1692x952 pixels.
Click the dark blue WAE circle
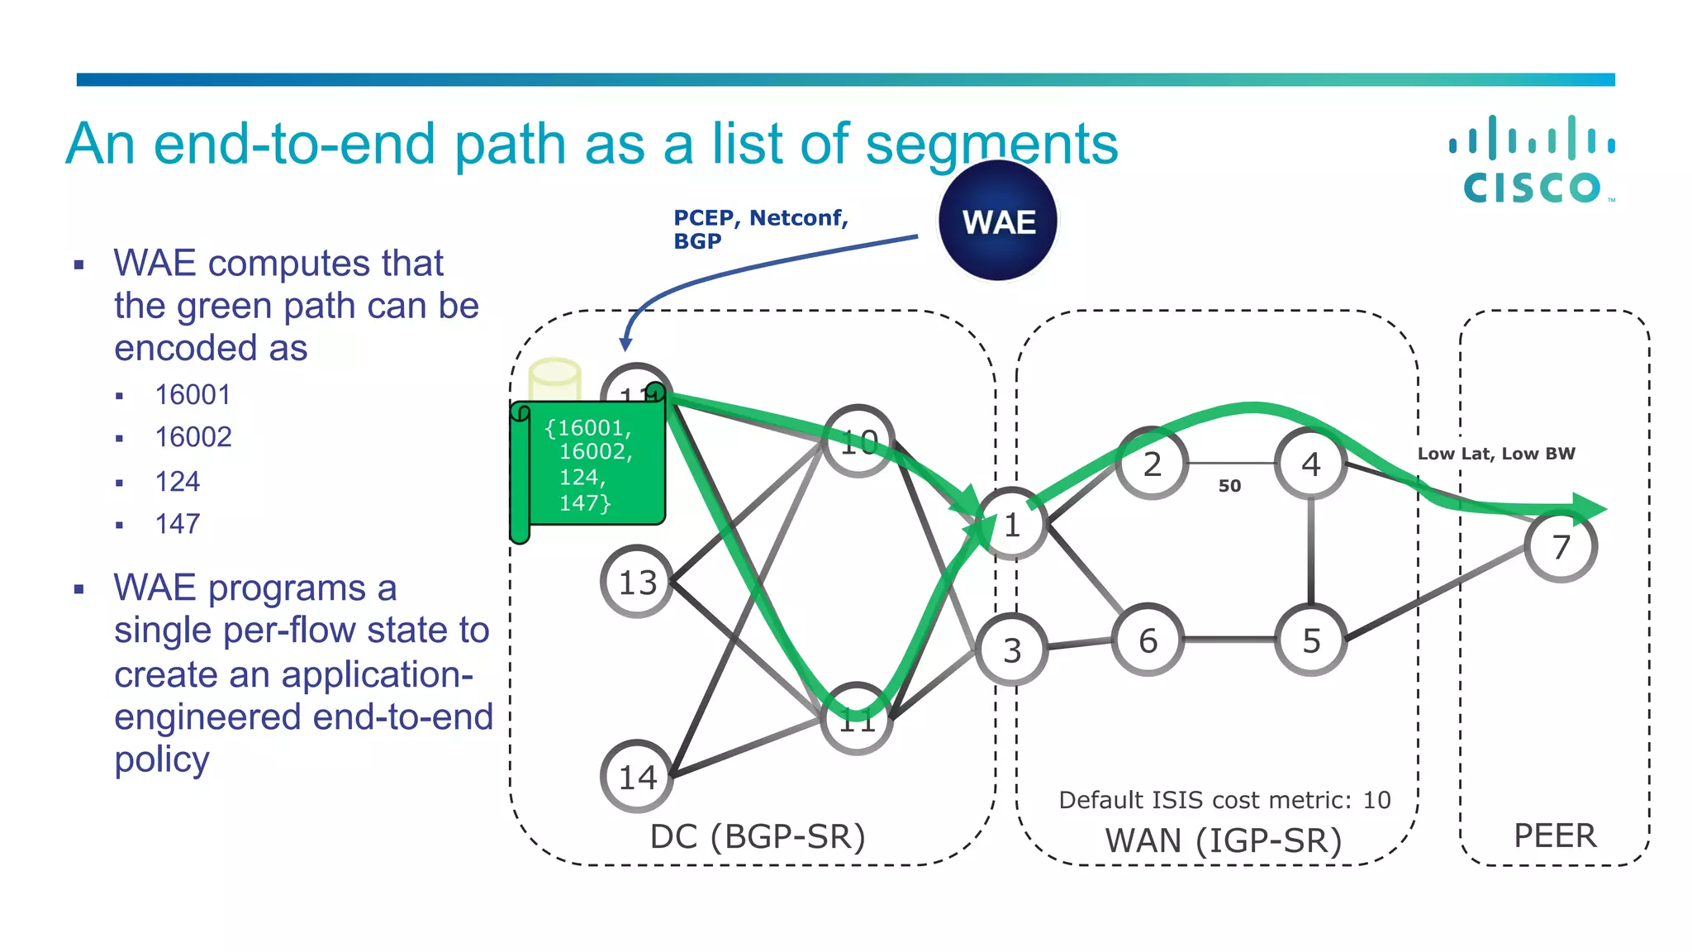(998, 221)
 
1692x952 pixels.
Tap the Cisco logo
(1533, 160)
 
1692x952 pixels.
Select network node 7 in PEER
(1560, 546)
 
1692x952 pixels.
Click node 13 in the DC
(637, 582)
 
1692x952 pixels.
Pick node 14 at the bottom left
(637, 777)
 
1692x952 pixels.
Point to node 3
(1012, 650)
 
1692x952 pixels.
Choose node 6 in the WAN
(1148, 640)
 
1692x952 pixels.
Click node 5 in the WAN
(1311, 640)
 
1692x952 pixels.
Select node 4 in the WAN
(1311, 464)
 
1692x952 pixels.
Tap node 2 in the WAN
(1152, 464)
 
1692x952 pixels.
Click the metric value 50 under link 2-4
(1229, 486)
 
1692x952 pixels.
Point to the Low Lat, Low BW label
(1496, 454)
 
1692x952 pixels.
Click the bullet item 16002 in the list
(193, 437)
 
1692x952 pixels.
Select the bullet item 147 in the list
(178, 524)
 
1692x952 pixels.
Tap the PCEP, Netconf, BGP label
(760, 229)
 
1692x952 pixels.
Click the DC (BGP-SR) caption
(758, 836)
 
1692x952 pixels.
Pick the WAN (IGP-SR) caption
(1224, 840)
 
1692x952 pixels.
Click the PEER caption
(1555, 836)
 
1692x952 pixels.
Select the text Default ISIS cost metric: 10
(1224, 800)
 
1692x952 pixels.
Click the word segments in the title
(991, 145)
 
